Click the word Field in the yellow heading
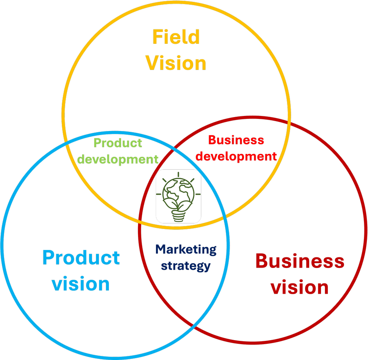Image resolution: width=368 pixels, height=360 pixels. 176,37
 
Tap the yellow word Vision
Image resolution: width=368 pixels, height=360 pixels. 176,63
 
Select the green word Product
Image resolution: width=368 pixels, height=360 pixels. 118,143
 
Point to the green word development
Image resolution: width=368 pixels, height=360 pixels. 118,159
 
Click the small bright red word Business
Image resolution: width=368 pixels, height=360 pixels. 236,140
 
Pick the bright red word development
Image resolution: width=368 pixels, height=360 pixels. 236,156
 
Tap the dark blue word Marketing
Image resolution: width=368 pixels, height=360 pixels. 186,250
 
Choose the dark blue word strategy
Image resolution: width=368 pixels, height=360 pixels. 186,266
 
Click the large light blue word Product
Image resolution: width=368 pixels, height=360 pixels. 81,257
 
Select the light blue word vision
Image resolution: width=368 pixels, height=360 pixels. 81,284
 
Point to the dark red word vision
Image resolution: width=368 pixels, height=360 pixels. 300,287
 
